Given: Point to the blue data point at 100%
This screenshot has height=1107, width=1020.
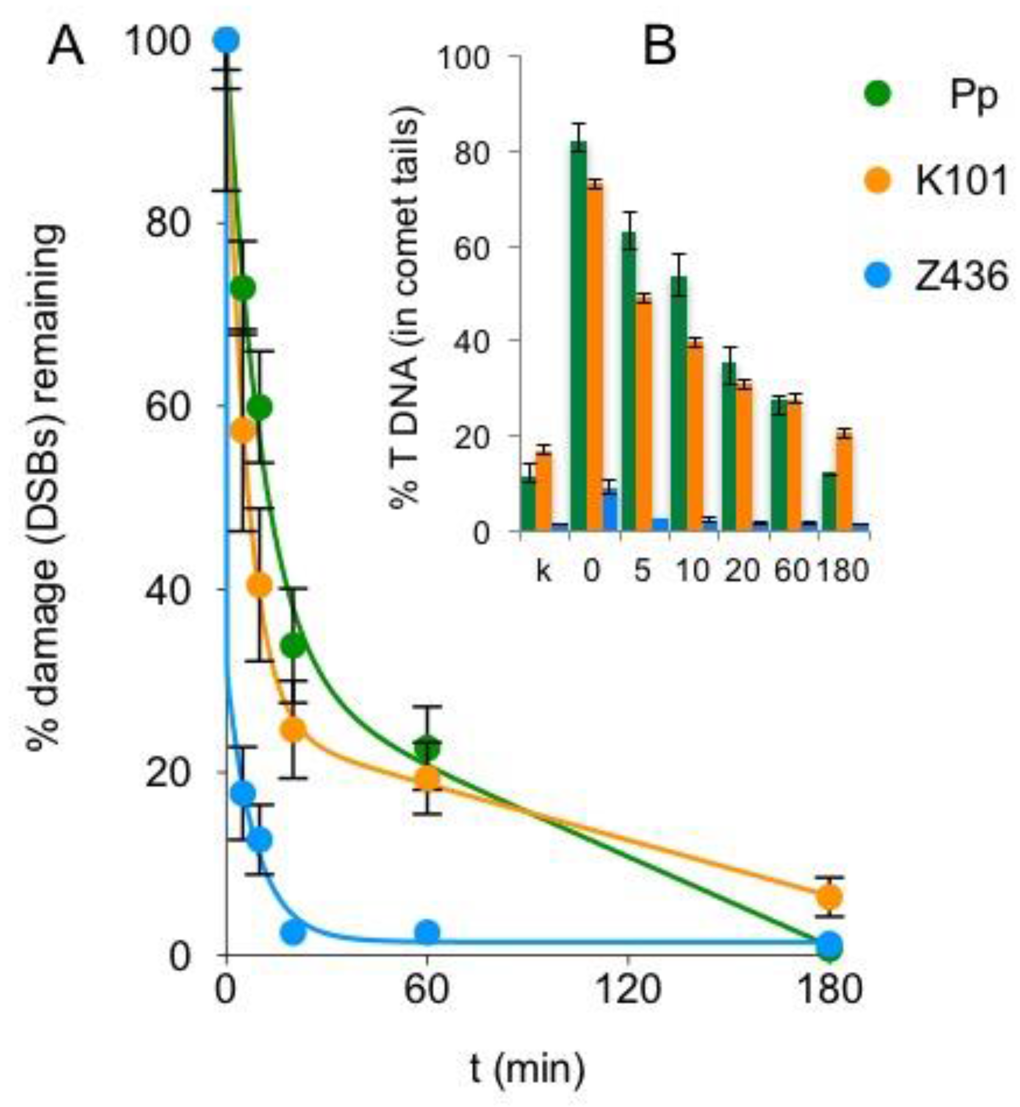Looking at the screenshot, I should [x=226, y=40].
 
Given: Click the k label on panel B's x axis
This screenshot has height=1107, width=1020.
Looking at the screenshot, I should [x=544, y=571].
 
